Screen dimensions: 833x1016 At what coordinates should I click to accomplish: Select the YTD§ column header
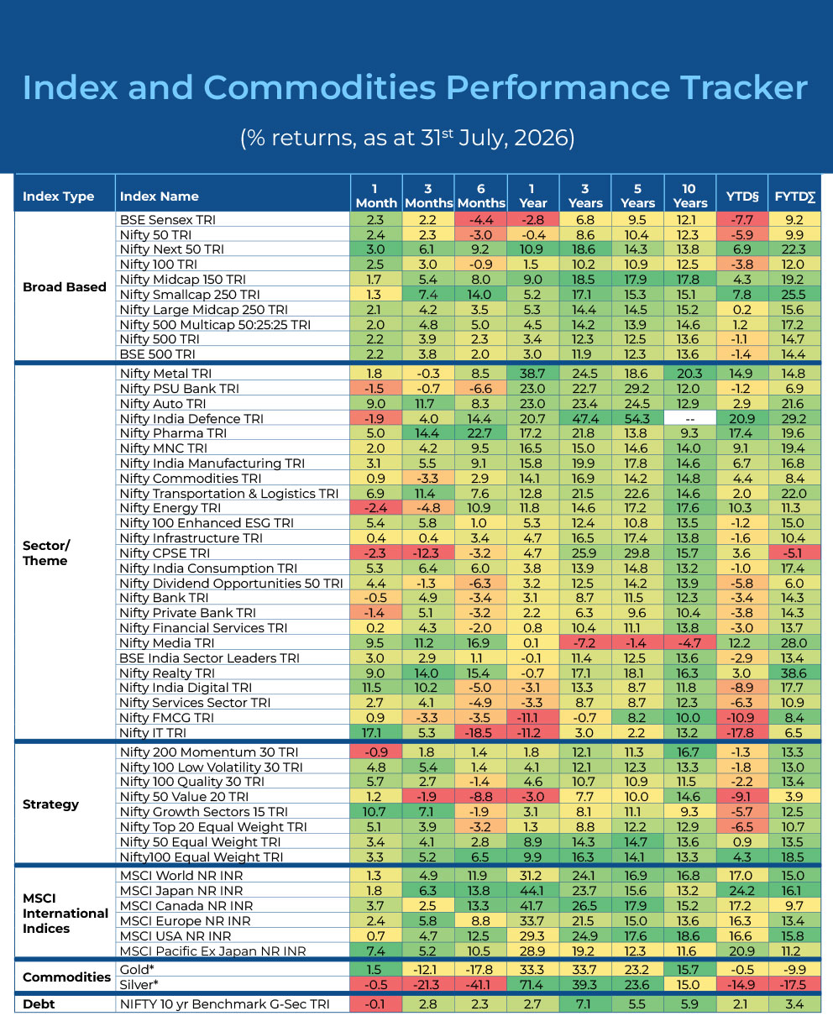coord(742,196)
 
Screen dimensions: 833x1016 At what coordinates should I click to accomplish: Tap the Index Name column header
coord(159,196)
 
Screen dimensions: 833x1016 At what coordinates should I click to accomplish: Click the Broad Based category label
coord(64,286)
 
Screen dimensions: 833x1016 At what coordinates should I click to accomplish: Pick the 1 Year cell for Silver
coord(533,984)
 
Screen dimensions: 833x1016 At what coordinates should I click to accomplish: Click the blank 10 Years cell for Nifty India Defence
coord(690,419)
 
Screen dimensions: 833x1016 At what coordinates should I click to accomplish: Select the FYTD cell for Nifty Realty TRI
coord(794,673)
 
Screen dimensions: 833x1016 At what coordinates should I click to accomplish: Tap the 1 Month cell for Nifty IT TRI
coord(376,732)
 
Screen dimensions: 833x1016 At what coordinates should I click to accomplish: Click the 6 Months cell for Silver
coord(480,984)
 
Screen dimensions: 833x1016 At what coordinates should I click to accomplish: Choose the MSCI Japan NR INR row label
coord(181,891)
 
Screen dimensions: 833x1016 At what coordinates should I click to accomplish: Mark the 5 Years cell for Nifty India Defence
coord(637,419)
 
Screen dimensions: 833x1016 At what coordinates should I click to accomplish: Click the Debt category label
coord(39,1004)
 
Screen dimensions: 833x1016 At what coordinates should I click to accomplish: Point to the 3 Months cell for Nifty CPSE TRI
coord(427,553)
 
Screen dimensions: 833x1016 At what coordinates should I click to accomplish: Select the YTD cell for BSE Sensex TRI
coord(742,220)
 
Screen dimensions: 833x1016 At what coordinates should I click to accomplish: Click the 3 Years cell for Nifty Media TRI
coord(585,642)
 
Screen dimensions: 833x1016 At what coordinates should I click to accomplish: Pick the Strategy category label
coord(50,804)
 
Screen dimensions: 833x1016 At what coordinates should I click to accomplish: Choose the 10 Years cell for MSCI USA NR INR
coord(690,935)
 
